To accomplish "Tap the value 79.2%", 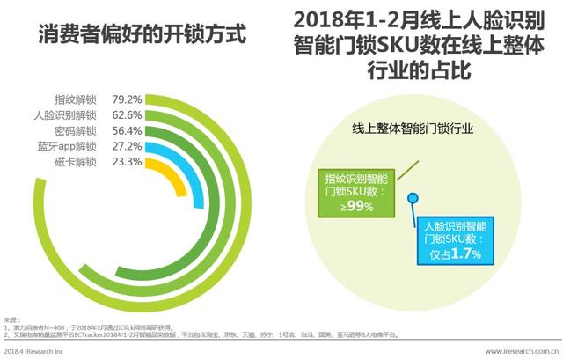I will [x=126, y=99].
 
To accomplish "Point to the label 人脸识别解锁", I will [x=66, y=115].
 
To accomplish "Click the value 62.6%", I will [x=126, y=115].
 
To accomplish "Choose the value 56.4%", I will [x=126, y=131].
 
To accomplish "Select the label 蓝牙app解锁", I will [x=67, y=147].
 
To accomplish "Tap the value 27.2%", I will [x=126, y=147].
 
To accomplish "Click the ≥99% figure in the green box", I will [x=359, y=206].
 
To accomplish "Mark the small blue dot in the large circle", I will [x=409, y=208].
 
